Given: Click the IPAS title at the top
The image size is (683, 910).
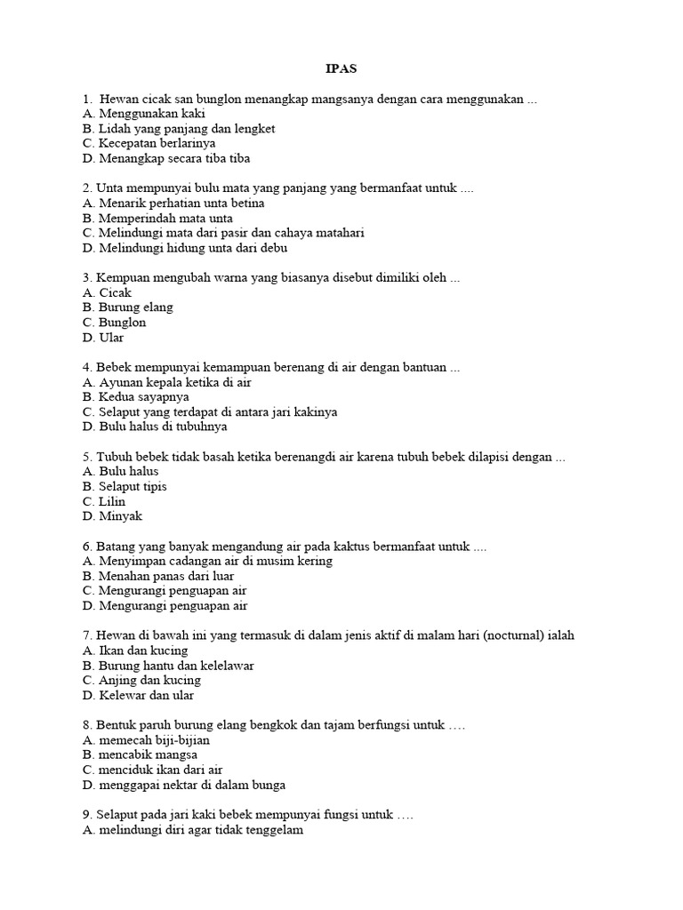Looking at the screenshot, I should point(341,68).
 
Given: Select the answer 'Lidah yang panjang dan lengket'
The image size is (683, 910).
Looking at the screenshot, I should point(178,129).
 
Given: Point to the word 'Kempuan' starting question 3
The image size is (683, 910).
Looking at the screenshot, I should point(119,278).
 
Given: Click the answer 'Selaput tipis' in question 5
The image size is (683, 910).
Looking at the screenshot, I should point(132,487).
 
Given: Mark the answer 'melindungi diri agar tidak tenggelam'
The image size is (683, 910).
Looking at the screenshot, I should point(192,830).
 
